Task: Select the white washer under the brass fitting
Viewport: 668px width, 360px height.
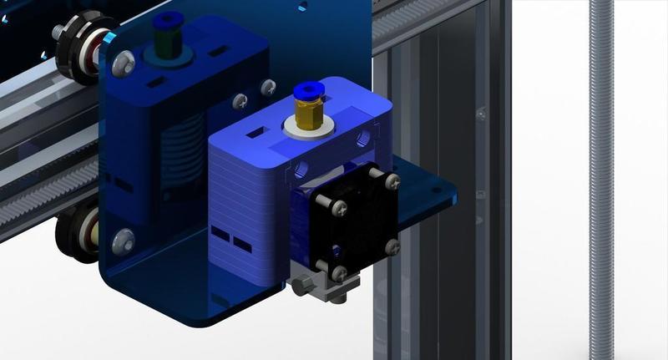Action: (306, 126)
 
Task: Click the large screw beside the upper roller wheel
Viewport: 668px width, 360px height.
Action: (124, 61)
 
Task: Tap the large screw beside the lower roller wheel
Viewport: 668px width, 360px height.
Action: (123, 241)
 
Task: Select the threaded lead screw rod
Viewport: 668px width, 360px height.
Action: (600, 180)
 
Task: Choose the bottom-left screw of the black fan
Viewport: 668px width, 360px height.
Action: (338, 272)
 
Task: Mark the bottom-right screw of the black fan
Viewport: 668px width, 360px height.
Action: (391, 247)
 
